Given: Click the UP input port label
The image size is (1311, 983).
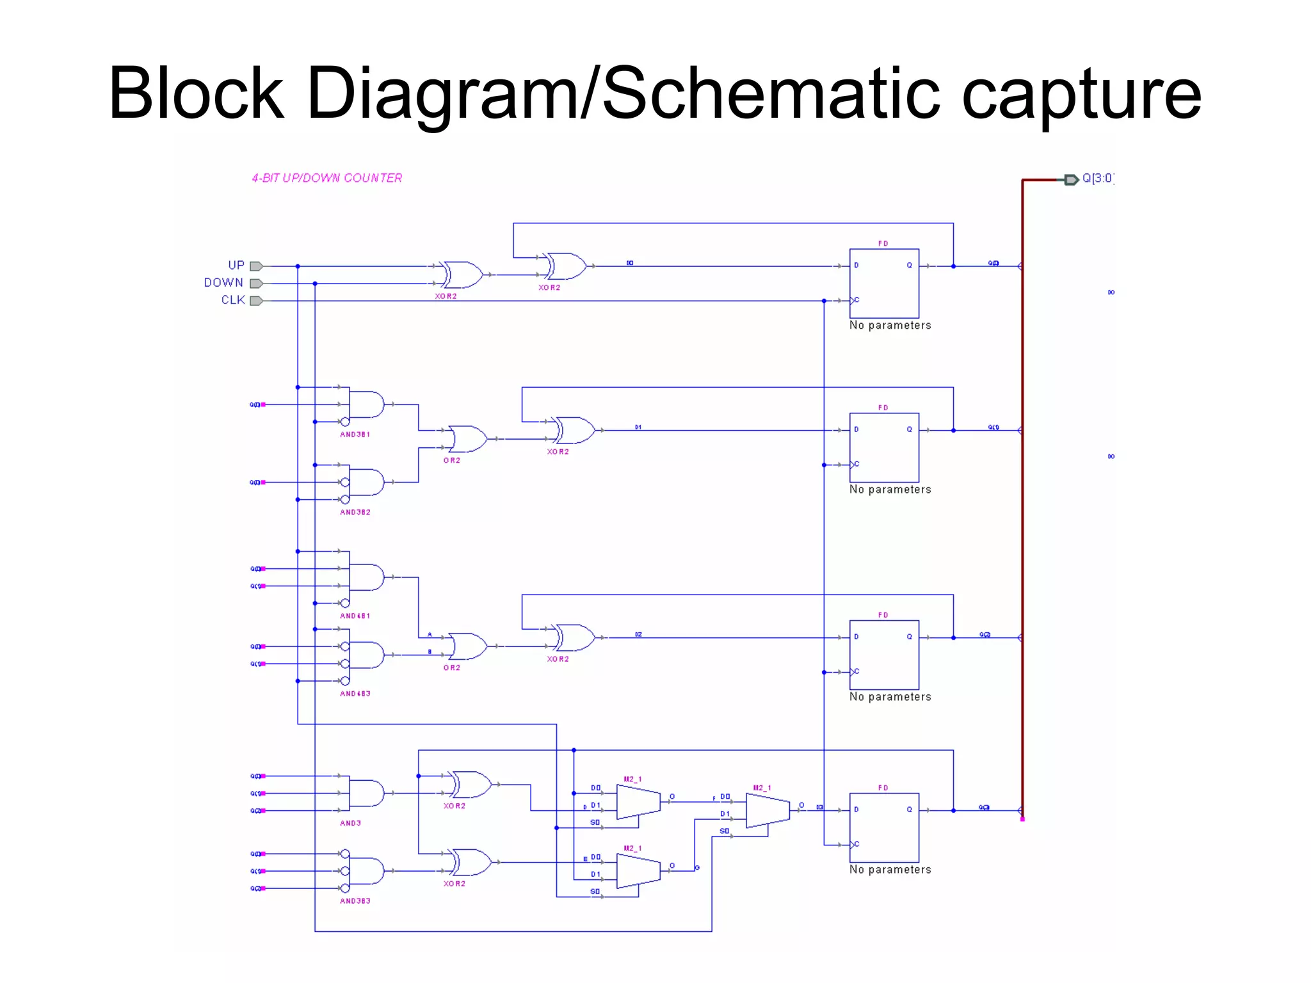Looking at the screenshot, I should point(236,265).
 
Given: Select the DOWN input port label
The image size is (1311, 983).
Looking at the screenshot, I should point(223,282).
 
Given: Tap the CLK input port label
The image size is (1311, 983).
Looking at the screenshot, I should point(233,300).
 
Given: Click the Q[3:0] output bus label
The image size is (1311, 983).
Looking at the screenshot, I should point(1097,179).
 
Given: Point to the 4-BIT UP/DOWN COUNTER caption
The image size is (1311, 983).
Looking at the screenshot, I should point(326,178).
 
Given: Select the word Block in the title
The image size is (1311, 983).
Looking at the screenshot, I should point(196,93).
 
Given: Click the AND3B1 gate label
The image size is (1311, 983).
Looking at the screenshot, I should point(355,435).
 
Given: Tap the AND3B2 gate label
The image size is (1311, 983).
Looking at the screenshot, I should point(355,512).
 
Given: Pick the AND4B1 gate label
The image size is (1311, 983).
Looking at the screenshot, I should point(355,616).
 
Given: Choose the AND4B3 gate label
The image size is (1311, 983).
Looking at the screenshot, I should point(355,694).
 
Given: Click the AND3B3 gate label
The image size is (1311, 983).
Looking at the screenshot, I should point(355,901).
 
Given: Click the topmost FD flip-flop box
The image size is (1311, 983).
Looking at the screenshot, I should point(884,283).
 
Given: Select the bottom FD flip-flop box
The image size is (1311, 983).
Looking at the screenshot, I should point(884,827).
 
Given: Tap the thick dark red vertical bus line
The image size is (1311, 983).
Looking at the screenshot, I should point(1022,512).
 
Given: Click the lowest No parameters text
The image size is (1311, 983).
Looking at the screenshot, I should point(890,869).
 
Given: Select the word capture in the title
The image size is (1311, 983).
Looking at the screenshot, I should point(1081,93).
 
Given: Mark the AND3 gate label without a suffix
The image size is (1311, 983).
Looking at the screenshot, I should point(350,823).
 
